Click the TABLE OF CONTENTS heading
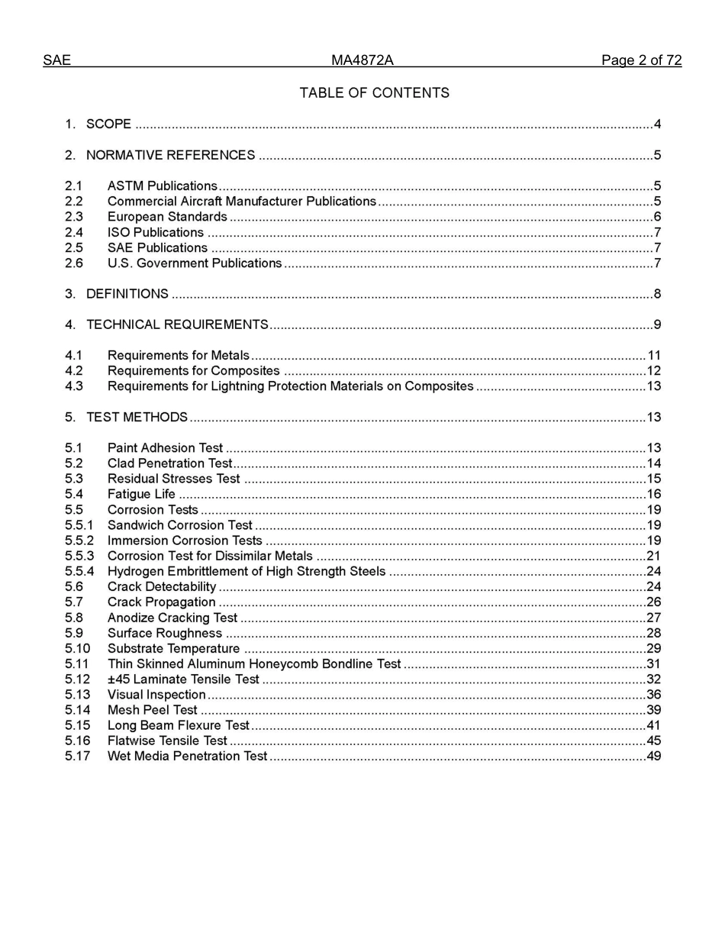(x=374, y=93)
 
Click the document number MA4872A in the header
(x=362, y=60)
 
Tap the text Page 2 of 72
(x=641, y=60)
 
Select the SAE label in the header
(x=56, y=60)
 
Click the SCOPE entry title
(x=108, y=124)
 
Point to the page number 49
(x=653, y=757)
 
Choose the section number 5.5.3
(x=79, y=556)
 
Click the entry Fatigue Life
(x=141, y=494)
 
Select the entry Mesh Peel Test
(x=152, y=710)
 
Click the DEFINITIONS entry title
(x=127, y=294)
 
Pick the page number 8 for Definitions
(x=657, y=294)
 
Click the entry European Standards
(x=167, y=217)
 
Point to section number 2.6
(x=74, y=263)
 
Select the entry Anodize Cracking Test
(x=172, y=618)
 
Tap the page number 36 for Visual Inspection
(x=653, y=695)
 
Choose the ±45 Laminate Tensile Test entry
(x=183, y=679)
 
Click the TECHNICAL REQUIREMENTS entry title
(x=177, y=324)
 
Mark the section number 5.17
(x=77, y=757)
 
